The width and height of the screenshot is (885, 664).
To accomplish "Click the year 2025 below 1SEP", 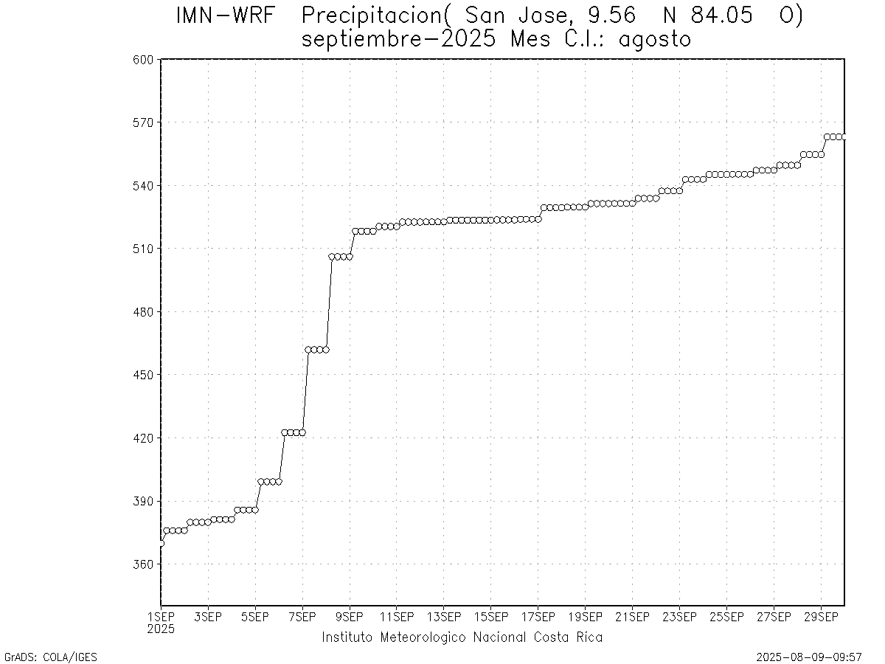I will click(x=161, y=629).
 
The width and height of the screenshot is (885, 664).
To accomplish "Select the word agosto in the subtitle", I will click(x=655, y=39).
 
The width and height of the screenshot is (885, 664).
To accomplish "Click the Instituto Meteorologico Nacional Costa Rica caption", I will click(x=462, y=637).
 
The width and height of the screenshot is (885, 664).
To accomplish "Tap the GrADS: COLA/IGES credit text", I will click(x=51, y=657).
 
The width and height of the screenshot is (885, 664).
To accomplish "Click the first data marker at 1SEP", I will click(x=161, y=543).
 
